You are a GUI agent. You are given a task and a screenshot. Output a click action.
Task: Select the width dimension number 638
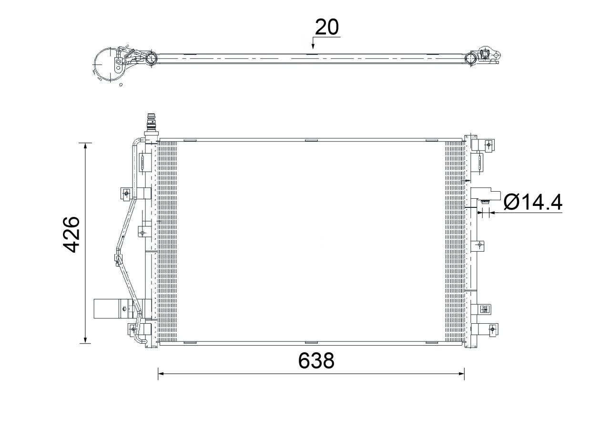(x=316, y=361)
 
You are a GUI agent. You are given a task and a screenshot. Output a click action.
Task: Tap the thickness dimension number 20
(x=327, y=28)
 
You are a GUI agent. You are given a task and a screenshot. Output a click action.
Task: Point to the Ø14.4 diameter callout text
(x=533, y=203)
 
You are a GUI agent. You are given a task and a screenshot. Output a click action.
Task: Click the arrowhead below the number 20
(x=313, y=47)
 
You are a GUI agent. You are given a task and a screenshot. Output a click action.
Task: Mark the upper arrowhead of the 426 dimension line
(x=85, y=146)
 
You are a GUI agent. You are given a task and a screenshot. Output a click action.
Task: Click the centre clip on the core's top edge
(x=311, y=140)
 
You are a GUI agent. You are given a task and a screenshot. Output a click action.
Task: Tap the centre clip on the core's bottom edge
(x=311, y=342)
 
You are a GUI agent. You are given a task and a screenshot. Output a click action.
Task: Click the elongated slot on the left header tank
(x=142, y=162)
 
